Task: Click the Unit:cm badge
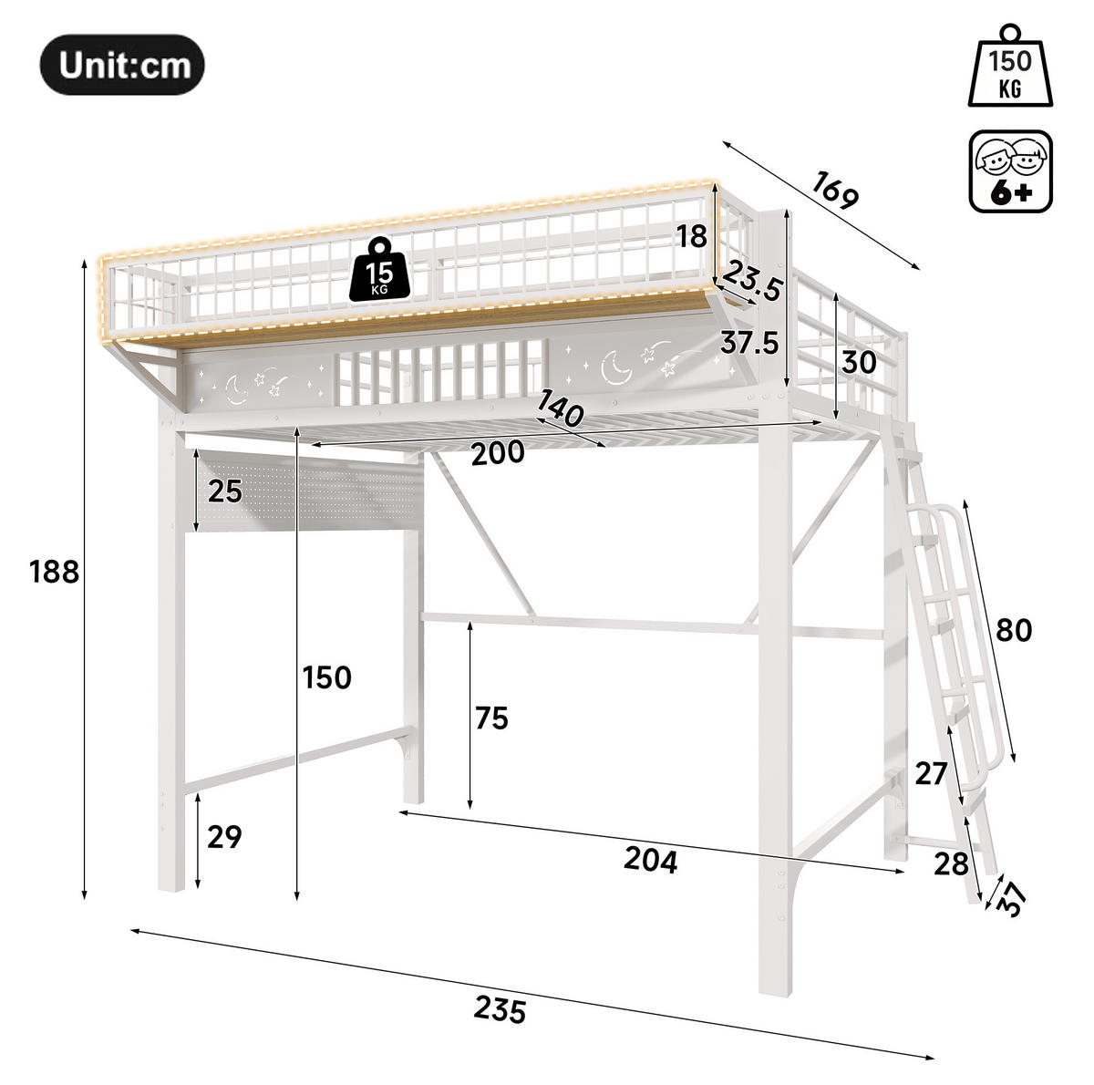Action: coord(122,65)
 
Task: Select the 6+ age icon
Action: coord(1010,171)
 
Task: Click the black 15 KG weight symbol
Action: coord(380,269)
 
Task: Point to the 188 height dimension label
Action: coord(54,572)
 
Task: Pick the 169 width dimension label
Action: coord(835,190)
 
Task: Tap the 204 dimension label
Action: coord(651,860)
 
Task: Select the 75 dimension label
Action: coord(491,718)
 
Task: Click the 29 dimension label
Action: coord(224,836)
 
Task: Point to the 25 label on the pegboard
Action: coord(225,491)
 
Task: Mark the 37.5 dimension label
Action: coord(749,343)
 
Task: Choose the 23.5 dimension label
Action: coord(753,281)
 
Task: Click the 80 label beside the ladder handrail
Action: coord(1014,630)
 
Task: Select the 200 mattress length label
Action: coord(498,453)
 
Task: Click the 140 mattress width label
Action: coord(560,408)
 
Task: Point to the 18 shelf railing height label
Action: coord(692,236)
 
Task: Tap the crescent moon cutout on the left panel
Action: coord(236,389)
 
